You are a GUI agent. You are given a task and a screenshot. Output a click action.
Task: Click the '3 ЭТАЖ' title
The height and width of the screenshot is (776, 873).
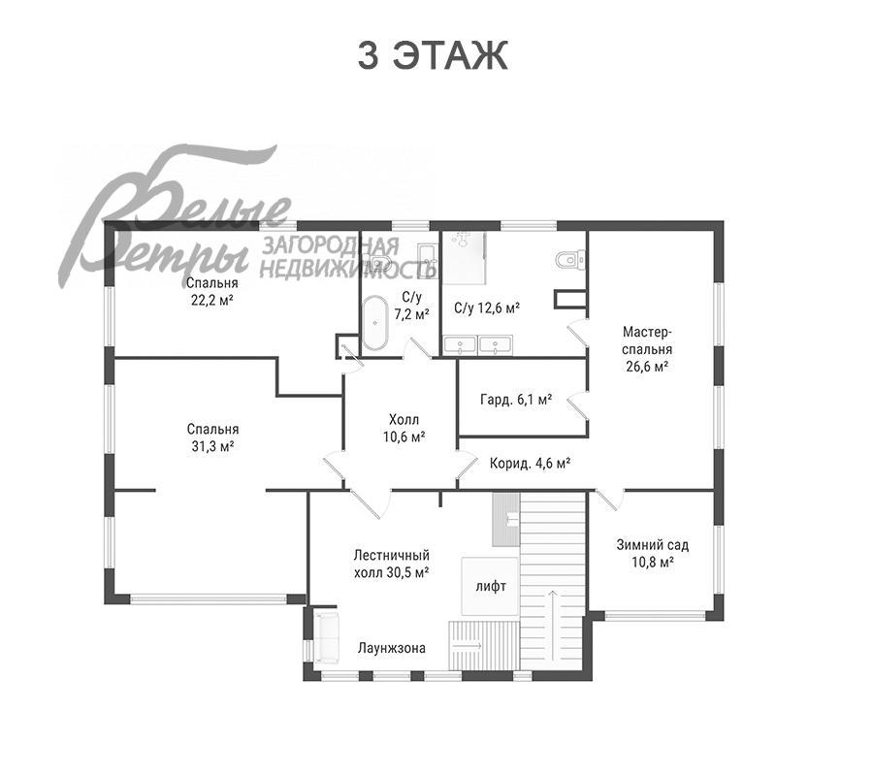point(432,55)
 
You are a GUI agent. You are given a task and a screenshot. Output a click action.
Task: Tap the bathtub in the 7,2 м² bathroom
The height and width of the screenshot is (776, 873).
point(375,323)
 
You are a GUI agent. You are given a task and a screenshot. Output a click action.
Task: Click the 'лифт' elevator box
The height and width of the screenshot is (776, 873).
point(491,586)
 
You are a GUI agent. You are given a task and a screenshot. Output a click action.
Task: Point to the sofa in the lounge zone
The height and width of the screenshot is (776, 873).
point(327,637)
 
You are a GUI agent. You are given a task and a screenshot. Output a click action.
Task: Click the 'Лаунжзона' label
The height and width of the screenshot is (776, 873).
point(392,648)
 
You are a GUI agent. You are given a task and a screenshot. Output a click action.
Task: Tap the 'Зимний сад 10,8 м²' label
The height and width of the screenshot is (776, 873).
point(653,553)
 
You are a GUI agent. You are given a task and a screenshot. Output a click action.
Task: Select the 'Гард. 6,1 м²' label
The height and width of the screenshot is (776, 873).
point(516,399)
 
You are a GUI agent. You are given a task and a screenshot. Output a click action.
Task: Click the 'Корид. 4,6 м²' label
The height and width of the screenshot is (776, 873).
point(530,463)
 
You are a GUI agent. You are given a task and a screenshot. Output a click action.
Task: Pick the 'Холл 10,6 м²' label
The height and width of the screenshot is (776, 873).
point(404,428)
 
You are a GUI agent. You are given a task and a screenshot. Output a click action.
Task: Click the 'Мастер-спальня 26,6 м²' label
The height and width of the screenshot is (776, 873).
point(647,349)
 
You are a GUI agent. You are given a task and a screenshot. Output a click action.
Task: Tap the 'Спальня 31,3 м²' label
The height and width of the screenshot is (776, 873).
point(212,437)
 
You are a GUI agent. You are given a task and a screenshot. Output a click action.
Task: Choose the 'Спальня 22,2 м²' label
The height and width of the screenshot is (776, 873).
point(212,292)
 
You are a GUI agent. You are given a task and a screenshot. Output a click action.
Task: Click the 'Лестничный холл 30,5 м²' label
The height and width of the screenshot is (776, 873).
point(392,564)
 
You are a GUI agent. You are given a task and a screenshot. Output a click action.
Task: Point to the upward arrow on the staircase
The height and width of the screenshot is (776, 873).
point(552,625)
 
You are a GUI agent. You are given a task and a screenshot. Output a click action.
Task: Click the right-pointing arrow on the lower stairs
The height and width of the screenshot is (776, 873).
point(468,646)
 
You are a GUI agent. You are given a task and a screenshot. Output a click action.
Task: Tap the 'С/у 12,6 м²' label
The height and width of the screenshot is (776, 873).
point(487,307)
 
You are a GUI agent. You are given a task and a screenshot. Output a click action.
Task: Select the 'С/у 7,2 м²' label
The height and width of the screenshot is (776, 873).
point(411,306)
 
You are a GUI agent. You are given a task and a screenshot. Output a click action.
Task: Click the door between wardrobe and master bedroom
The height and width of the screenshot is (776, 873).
point(578,405)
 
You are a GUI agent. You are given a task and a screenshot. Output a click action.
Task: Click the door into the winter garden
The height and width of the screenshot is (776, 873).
point(607,500)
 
